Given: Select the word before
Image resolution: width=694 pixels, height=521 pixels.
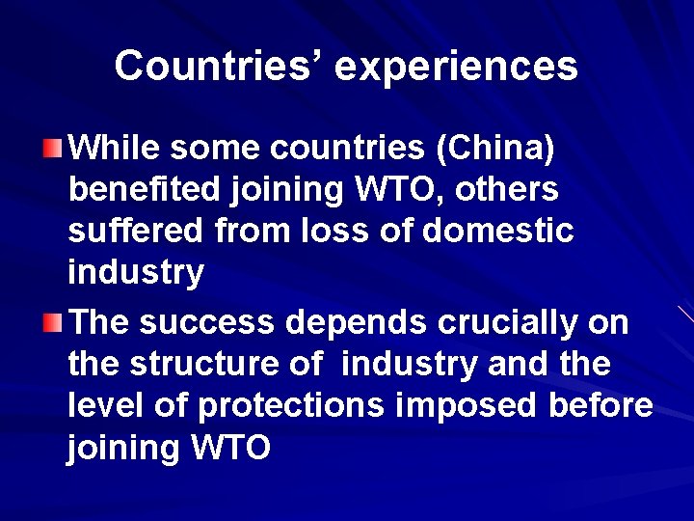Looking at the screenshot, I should click(x=601, y=405).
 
